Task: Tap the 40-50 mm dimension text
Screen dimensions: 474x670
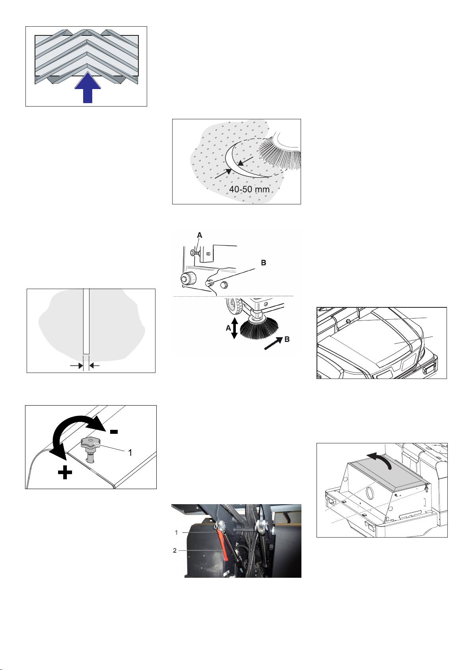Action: tap(249, 189)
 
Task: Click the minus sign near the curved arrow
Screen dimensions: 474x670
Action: tap(114, 431)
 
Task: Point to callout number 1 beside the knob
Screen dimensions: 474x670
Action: tap(130, 453)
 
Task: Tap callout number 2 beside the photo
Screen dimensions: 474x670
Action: tap(175, 550)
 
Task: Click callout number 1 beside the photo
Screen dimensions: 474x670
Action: tap(176, 532)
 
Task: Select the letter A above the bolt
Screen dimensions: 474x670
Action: tap(200, 235)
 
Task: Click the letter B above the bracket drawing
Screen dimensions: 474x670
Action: tap(264, 262)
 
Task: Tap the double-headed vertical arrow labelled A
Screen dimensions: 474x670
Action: tap(235, 328)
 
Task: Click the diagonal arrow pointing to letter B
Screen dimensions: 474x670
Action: tap(273, 344)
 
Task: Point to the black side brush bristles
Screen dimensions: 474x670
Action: tap(259, 329)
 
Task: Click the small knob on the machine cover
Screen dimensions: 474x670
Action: tap(348, 321)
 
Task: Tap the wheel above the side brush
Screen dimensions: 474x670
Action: tap(234, 306)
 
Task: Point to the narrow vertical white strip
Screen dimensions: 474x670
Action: tap(86, 321)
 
